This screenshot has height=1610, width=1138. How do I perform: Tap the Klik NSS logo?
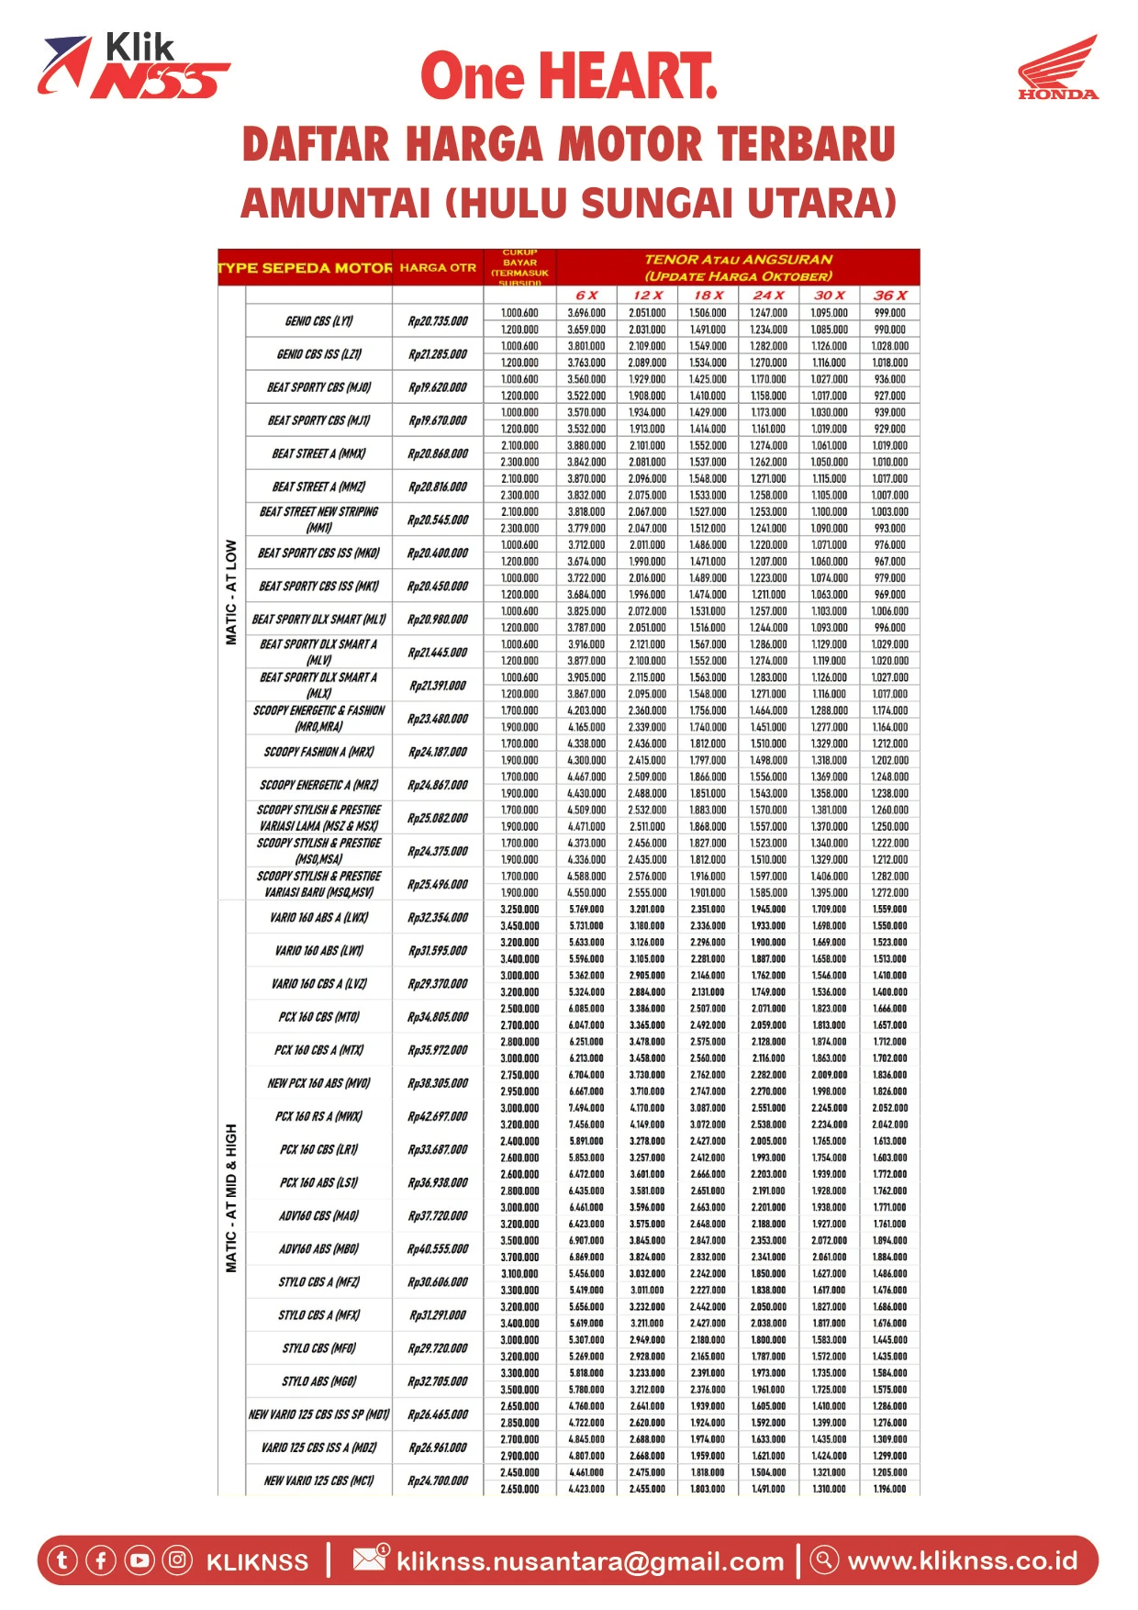click(x=133, y=66)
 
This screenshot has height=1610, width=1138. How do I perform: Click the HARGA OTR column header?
click(x=438, y=268)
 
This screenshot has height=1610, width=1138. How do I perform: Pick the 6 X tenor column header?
click(x=586, y=296)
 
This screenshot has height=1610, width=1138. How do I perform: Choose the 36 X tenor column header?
click(x=889, y=296)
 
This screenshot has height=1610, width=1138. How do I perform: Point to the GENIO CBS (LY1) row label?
click(x=318, y=321)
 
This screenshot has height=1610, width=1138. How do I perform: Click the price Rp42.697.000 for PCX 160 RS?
click(x=438, y=1116)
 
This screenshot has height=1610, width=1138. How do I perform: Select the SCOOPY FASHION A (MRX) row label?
click(x=318, y=752)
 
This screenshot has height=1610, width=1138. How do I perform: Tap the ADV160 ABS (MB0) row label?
click(x=318, y=1248)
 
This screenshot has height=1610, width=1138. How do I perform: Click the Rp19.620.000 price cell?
click(x=438, y=387)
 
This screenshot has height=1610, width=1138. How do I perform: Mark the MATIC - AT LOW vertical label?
click(x=231, y=592)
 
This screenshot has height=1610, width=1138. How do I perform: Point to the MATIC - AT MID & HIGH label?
click(x=231, y=1198)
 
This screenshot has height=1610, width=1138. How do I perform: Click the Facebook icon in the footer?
click(x=101, y=1560)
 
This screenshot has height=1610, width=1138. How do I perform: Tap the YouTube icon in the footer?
click(x=139, y=1560)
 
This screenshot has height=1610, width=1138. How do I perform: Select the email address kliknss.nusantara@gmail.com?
click(x=590, y=1561)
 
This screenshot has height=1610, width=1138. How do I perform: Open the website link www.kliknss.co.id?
click(x=962, y=1560)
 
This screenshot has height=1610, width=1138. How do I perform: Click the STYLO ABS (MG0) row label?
click(x=318, y=1381)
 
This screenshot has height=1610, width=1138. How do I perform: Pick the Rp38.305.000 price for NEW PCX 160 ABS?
click(x=438, y=1083)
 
